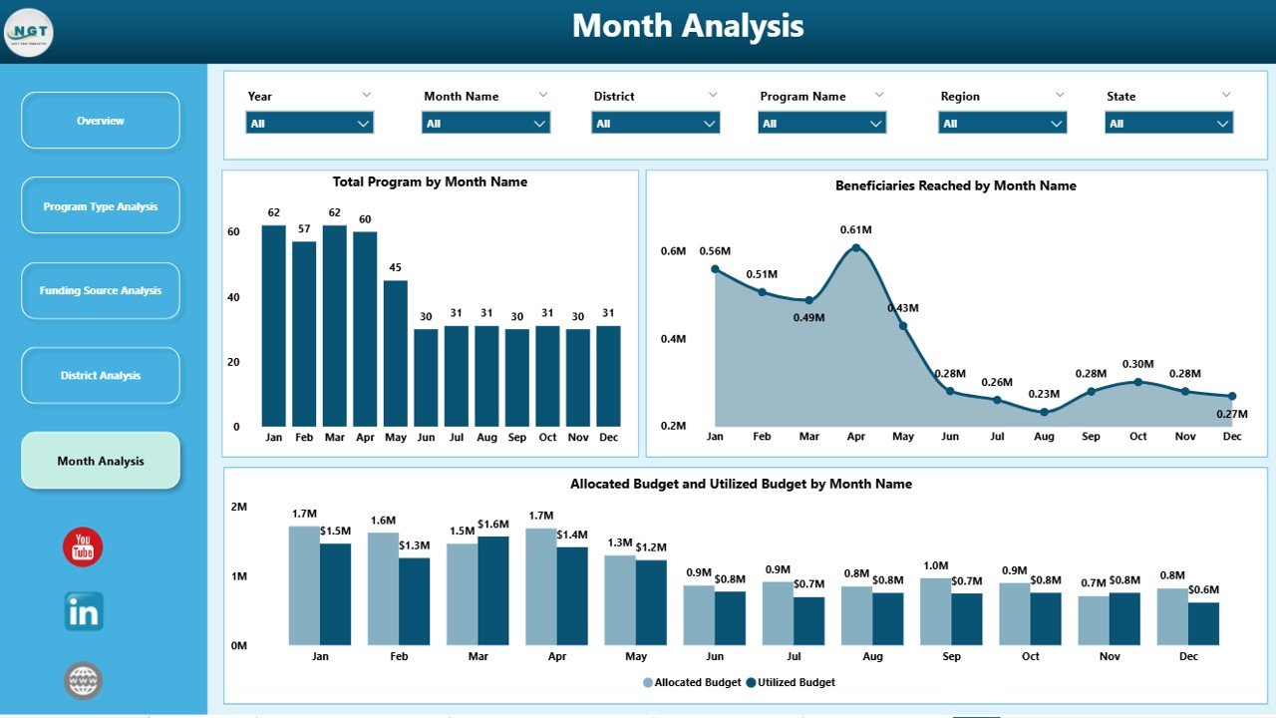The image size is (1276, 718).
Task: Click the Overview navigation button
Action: [x=101, y=121]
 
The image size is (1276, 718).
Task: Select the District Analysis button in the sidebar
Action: [x=101, y=376]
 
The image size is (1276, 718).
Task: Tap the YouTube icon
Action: [x=83, y=547]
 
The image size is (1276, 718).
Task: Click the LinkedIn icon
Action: [x=84, y=611]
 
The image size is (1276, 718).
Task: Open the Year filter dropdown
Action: [x=309, y=124]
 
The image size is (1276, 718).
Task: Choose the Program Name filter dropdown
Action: [x=821, y=124]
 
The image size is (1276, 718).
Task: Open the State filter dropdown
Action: [x=1168, y=124]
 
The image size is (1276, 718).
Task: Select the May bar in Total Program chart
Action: [x=396, y=353]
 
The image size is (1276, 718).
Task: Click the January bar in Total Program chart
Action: [x=274, y=326]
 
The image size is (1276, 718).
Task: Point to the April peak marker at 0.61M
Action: [x=855, y=248]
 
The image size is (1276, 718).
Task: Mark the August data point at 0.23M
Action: [x=1044, y=412]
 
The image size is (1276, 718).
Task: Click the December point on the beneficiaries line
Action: [x=1232, y=396]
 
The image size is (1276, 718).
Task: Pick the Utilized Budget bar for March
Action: [x=493, y=590]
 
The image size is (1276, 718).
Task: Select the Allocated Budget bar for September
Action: [x=935, y=610]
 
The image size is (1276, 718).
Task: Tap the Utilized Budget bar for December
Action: [x=1203, y=623]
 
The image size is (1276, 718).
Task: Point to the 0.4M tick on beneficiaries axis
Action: [x=673, y=339]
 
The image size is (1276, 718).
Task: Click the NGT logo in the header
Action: [x=29, y=33]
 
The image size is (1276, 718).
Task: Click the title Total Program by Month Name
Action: [x=430, y=182]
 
